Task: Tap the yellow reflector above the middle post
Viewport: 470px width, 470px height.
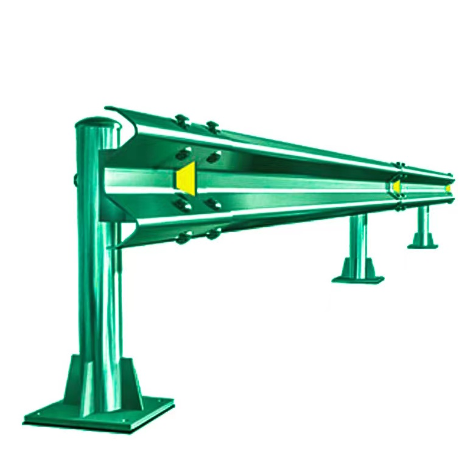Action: coord(396,185)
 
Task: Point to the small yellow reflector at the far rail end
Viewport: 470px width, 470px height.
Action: coord(449,188)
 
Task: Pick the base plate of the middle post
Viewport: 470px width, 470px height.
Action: coord(358,279)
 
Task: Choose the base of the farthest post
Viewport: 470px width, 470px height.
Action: coord(423,245)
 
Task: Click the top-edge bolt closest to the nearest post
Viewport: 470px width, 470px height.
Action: coord(180,118)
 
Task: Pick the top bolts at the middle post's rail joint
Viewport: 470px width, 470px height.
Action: coord(400,165)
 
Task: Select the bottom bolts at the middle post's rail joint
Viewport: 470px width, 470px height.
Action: coord(400,208)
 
